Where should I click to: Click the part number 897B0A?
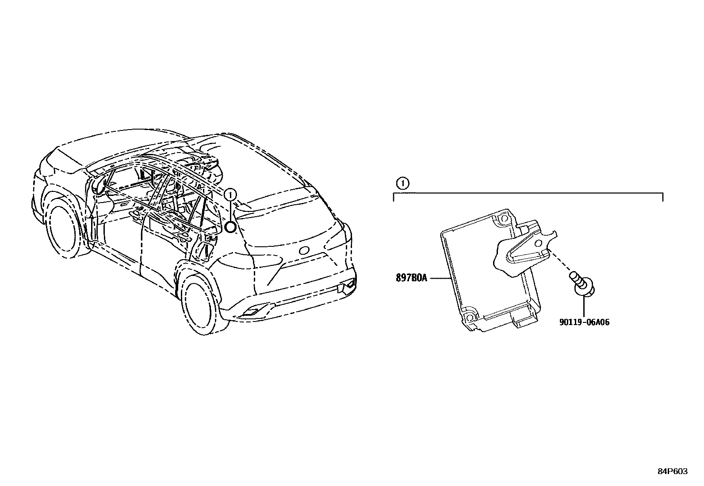pos(411,279)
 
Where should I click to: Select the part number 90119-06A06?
pos(584,322)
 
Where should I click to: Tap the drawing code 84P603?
pos(673,471)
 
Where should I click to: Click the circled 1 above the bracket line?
pos(402,183)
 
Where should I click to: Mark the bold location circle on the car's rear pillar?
pos(230,227)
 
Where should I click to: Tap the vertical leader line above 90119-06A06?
pos(584,305)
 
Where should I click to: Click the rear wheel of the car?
pos(199,301)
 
